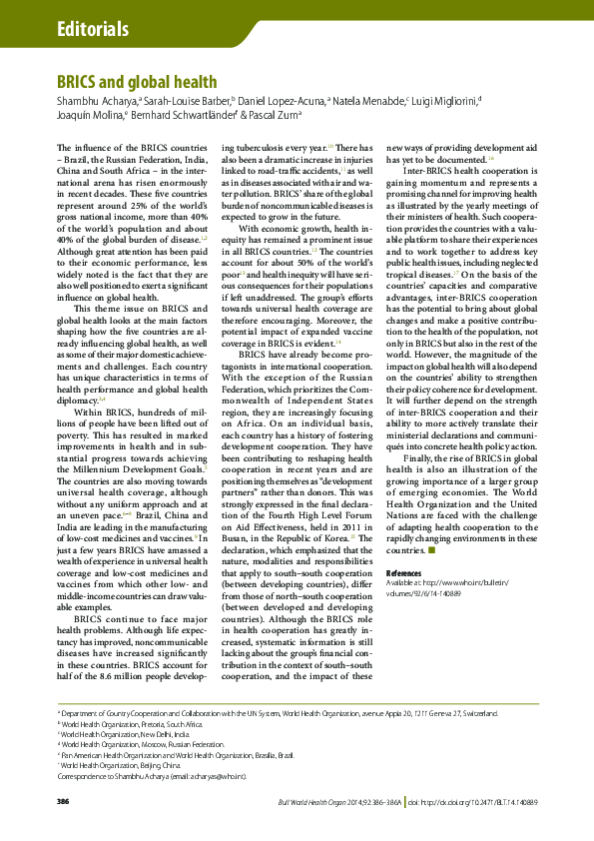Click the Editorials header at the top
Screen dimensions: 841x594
94,27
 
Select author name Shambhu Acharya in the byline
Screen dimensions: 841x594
96,101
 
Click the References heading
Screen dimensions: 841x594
405,572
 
